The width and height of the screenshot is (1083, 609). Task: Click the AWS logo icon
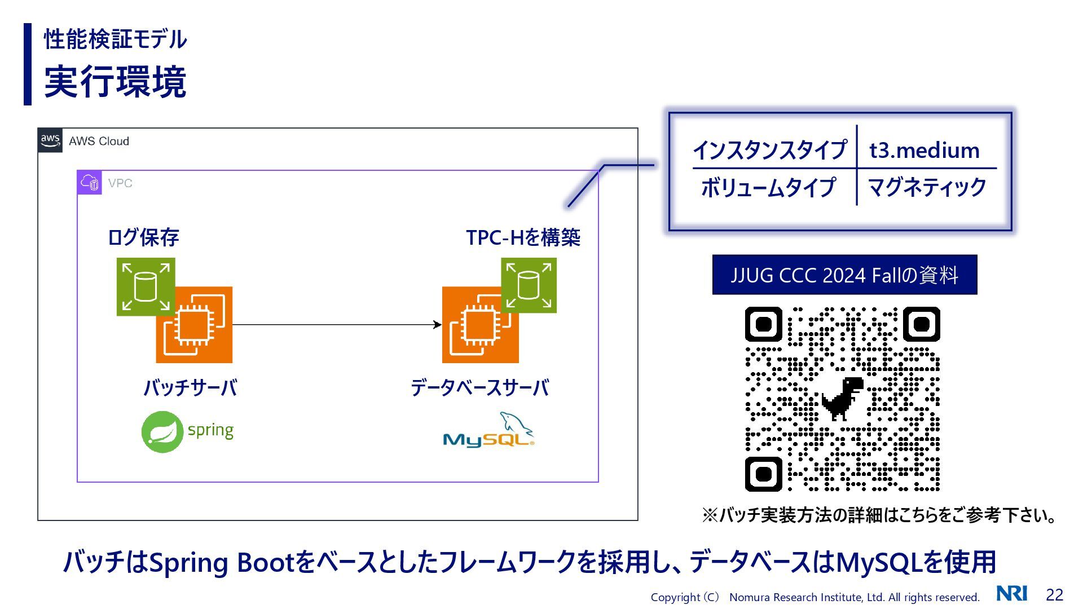coord(50,140)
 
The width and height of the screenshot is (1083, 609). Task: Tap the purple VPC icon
coord(89,183)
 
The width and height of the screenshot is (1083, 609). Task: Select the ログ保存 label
coord(143,237)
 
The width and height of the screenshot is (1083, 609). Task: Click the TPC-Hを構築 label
coord(523,237)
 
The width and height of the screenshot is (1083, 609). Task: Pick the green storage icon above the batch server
coord(146,286)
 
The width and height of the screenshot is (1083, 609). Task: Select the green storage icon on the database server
coord(529,285)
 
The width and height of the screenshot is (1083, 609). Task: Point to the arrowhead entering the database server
coord(437,325)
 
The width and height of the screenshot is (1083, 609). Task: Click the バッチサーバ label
coord(190,388)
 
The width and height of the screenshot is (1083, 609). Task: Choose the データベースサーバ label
coord(479,388)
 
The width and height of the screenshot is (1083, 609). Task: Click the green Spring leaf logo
coord(162,432)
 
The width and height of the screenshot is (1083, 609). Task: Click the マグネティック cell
coord(927,187)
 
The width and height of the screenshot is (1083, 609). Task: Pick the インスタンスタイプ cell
coord(769,151)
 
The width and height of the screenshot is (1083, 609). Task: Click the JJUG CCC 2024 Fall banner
coord(844,275)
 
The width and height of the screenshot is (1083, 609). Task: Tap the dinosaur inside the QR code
coord(842,398)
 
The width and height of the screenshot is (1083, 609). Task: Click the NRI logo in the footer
coord(1011,594)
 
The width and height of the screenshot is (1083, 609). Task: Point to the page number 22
coord(1054,595)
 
